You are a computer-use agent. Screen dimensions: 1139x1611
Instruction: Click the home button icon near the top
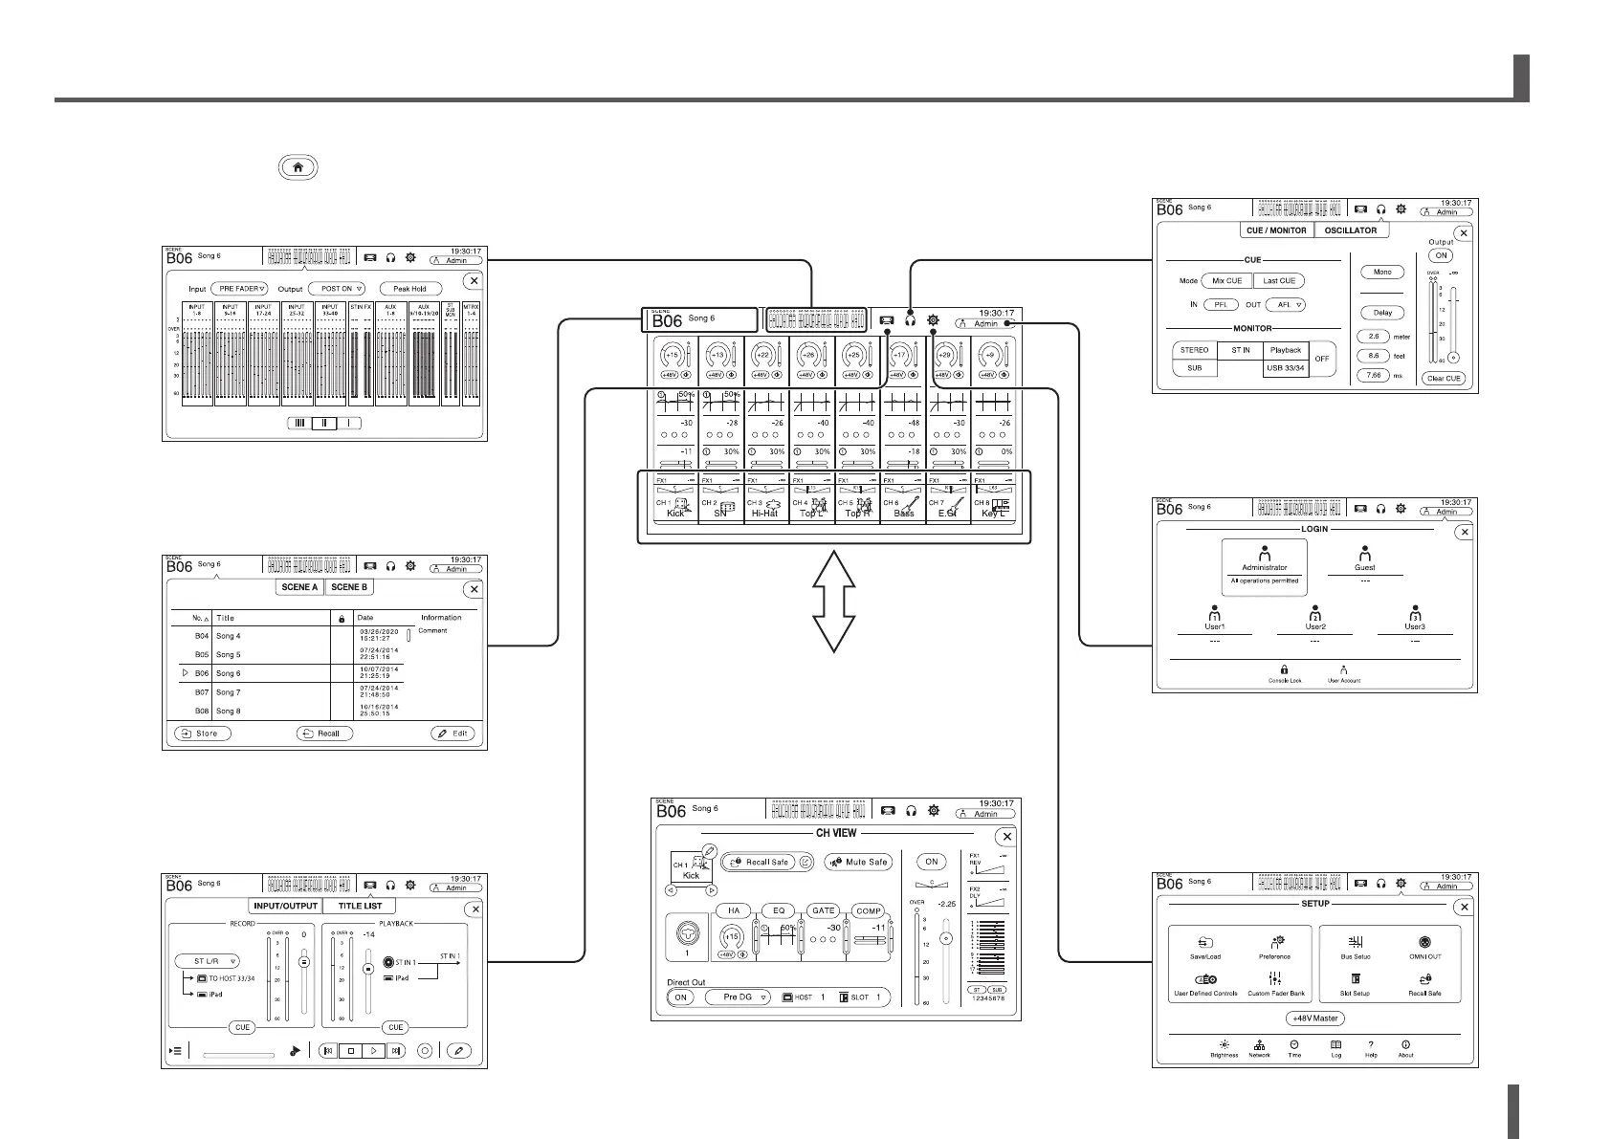[298, 166]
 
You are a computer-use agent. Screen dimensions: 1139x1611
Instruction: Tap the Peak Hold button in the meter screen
[409, 288]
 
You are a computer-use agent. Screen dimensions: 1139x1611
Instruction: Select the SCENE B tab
[349, 587]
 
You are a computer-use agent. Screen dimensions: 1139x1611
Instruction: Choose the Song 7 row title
[229, 692]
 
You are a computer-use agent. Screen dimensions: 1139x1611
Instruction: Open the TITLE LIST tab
[360, 906]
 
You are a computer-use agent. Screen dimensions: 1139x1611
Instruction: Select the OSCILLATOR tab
[1351, 230]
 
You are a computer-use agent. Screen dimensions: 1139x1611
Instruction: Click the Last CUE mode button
[1279, 281]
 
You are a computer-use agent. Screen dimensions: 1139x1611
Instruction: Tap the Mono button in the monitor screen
[1382, 273]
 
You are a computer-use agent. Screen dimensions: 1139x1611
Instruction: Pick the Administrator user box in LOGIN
[1264, 566]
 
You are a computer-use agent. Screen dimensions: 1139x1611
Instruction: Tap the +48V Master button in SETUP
[1314, 1019]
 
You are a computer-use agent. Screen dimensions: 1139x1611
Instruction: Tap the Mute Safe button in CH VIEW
[858, 862]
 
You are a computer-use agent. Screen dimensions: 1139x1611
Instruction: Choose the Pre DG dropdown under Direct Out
[739, 997]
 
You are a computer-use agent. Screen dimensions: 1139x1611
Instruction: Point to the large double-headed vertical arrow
[834, 602]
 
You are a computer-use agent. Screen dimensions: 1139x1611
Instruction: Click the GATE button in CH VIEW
[824, 910]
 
